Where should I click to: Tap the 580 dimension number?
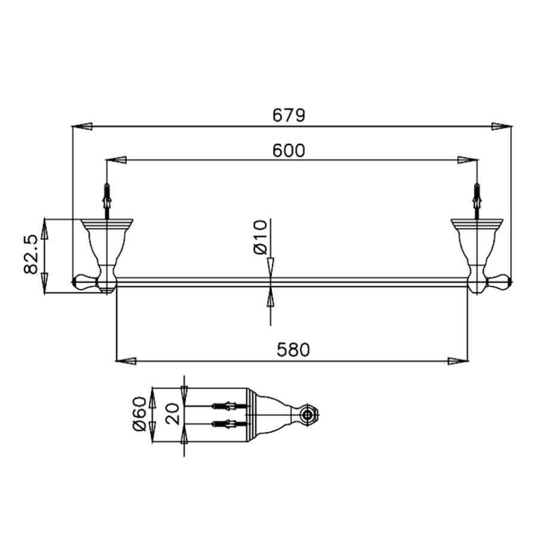[x=294, y=350]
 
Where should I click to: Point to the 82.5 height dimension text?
[x=32, y=255]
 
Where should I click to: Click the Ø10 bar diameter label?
[x=261, y=237]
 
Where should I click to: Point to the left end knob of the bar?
[x=84, y=281]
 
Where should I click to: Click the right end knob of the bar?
[x=500, y=281]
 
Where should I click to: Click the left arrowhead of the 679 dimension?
[x=82, y=126]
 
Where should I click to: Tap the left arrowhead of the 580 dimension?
[x=125, y=360]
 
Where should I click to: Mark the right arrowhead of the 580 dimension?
[x=458, y=360]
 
